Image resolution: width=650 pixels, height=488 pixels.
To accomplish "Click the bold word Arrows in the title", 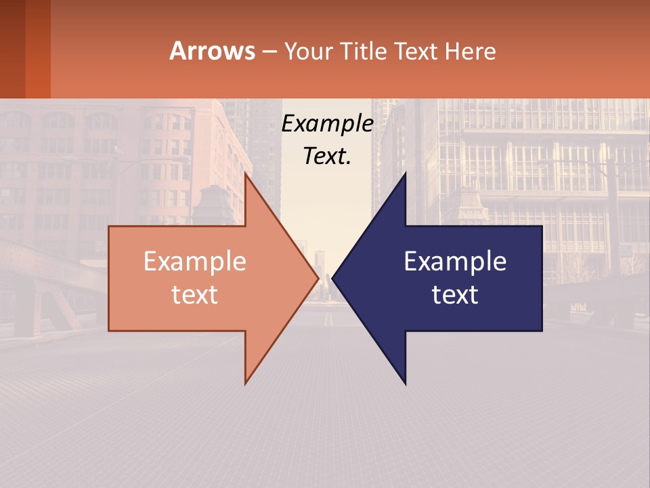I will click(x=212, y=51).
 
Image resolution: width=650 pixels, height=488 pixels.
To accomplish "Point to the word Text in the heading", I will click(x=416, y=51).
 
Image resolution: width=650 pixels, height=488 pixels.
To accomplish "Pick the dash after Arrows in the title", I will click(x=269, y=52).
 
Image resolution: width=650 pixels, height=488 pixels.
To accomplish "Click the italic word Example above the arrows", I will click(x=328, y=124).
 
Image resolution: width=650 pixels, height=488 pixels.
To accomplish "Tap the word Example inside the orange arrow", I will click(x=195, y=262).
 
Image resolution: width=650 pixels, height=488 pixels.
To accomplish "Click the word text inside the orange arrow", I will click(x=195, y=295).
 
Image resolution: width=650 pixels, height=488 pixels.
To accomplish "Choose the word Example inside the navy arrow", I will click(x=455, y=262).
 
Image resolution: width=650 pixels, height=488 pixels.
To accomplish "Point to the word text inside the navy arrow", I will click(x=455, y=295).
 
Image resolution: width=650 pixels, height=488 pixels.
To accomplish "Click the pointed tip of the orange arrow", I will click(x=318, y=278).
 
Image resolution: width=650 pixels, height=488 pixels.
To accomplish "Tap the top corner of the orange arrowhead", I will click(x=246, y=174).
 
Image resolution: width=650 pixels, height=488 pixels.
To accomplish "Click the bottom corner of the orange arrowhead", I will click(x=246, y=383).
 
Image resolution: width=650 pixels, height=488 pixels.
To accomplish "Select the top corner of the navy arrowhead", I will click(x=405, y=174).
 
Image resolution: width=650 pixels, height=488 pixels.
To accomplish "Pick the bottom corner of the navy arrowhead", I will click(x=405, y=383).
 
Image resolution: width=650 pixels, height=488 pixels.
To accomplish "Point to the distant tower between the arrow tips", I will click(x=320, y=260).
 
